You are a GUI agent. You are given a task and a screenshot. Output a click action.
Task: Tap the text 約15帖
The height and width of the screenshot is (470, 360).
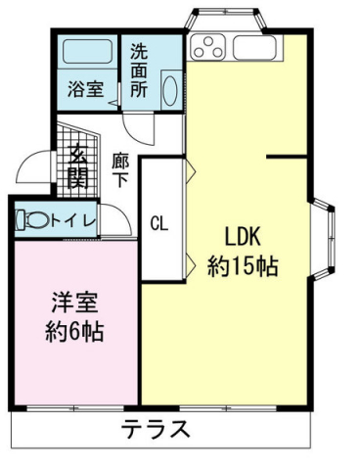(x=243, y=266)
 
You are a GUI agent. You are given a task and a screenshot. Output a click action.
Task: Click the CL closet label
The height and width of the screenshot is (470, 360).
(x=158, y=222)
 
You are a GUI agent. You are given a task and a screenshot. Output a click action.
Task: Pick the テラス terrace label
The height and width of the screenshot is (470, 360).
(x=157, y=430)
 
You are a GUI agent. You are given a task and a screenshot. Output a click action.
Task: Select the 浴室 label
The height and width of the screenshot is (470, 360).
(x=85, y=88)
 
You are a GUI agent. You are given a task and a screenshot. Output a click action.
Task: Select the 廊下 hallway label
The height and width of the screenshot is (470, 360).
(x=120, y=170)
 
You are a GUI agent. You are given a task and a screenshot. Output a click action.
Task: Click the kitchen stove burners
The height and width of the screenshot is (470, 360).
(x=209, y=46)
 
